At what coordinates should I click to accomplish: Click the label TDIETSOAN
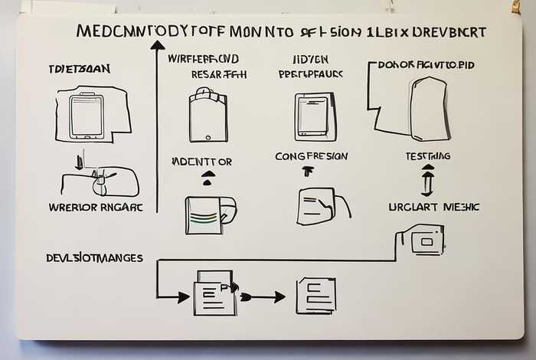(79, 69)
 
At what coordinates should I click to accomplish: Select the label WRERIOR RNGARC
(95, 207)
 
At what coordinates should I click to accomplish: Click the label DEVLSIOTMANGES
(94, 258)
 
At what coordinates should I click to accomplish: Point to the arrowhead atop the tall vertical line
(158, 45)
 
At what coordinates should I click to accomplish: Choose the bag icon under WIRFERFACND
(208, 115)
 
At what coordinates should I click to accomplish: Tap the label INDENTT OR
(202, 162)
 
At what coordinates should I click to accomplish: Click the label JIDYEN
(309, 59)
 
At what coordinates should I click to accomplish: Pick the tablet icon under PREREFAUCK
(315, 116)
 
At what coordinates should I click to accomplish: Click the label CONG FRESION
(311, 156)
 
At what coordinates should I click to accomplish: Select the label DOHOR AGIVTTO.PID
(426, 65)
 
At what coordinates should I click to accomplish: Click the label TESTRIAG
(427, 156)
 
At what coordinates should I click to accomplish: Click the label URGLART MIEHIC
(433, 207)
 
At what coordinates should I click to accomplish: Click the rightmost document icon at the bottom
(315, 296)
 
